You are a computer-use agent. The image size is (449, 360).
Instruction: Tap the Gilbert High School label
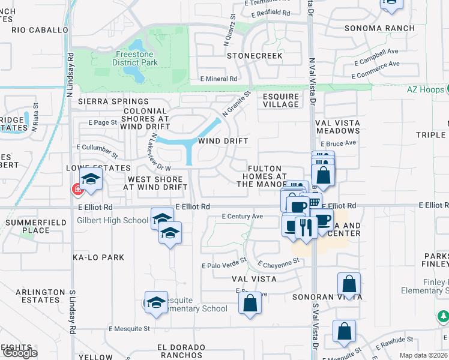click(x=112, y=220)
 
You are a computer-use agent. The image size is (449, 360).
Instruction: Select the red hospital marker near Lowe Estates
click(x=77, y=190)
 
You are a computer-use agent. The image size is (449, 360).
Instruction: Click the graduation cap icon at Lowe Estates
click(x=91, y=179)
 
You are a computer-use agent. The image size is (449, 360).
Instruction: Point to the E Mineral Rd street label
click(x=218, y=79)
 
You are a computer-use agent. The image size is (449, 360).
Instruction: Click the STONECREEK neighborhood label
click(x=255, y=56)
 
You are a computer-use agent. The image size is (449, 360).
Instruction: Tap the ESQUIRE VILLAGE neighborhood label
click(x=281, y=100)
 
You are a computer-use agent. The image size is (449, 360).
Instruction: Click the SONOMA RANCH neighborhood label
click(x=379, y=28)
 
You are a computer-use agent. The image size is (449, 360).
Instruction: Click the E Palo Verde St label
click(x=224, y=264)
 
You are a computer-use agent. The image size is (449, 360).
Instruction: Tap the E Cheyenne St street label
click(x=279, y=263)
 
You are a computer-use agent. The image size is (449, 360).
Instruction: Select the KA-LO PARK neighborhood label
click(x=98, y=257)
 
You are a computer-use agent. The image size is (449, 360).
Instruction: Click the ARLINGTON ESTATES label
click(x=40, y=296)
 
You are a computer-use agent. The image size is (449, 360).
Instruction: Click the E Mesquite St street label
click(x=129, y=329)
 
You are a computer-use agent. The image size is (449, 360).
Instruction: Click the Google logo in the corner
click(x=19, y=352)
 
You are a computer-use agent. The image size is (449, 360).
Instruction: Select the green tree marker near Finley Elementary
click(x=442, y=316)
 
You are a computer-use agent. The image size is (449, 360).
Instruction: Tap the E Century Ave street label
click(x=243, y=216)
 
